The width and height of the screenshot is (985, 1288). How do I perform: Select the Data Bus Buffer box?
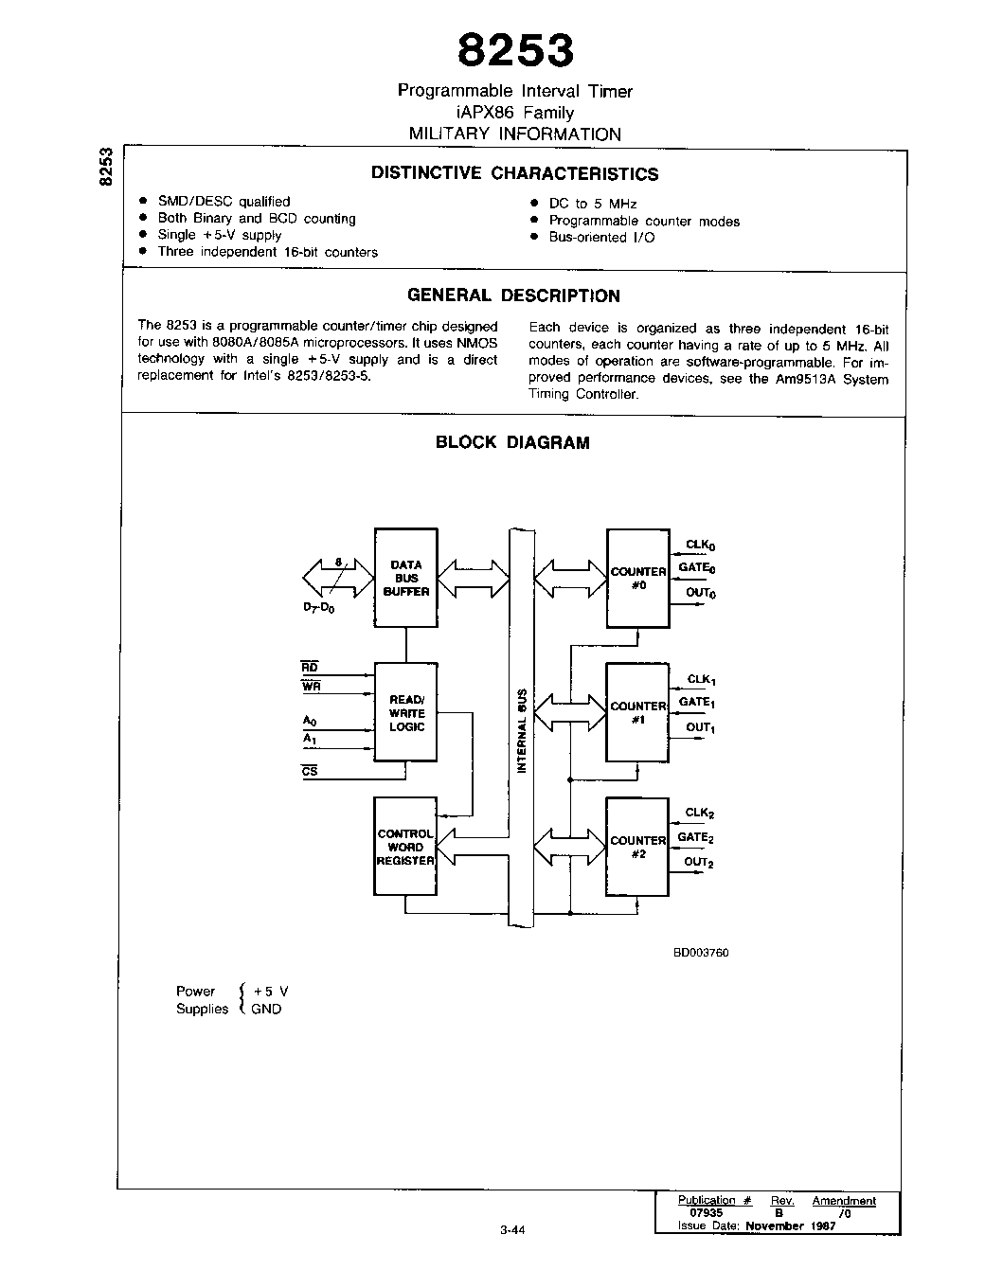(x=406, y=578)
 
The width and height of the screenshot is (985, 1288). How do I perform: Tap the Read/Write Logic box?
(x=406, y=712)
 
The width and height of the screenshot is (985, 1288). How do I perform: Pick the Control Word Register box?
(x=405, y=847)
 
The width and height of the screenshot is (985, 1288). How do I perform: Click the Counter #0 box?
(x=637, y=578)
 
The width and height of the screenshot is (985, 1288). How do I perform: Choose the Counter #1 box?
(x=637, y=712)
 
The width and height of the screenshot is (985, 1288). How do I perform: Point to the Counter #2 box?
(x=637, y=847)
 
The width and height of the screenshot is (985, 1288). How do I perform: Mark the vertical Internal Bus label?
(x=521, y=729)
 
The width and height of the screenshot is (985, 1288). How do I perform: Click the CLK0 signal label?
(x=701, y=546)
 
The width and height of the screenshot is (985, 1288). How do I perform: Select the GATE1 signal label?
(x=697, y=703)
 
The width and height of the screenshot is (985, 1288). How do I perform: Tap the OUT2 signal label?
(x=699, y=863)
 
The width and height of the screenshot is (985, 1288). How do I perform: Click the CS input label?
(x=310, y=772)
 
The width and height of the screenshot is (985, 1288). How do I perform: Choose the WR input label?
(x=311, y=687)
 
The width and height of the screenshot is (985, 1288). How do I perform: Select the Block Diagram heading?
(x=512, y=442)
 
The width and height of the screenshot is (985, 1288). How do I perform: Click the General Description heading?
(x=513, y=295)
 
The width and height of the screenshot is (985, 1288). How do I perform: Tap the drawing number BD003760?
(x=701, y=953)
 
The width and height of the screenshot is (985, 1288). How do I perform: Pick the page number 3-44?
(x=511, y=1230)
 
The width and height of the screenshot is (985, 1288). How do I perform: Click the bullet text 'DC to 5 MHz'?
(x=593, y=204)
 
